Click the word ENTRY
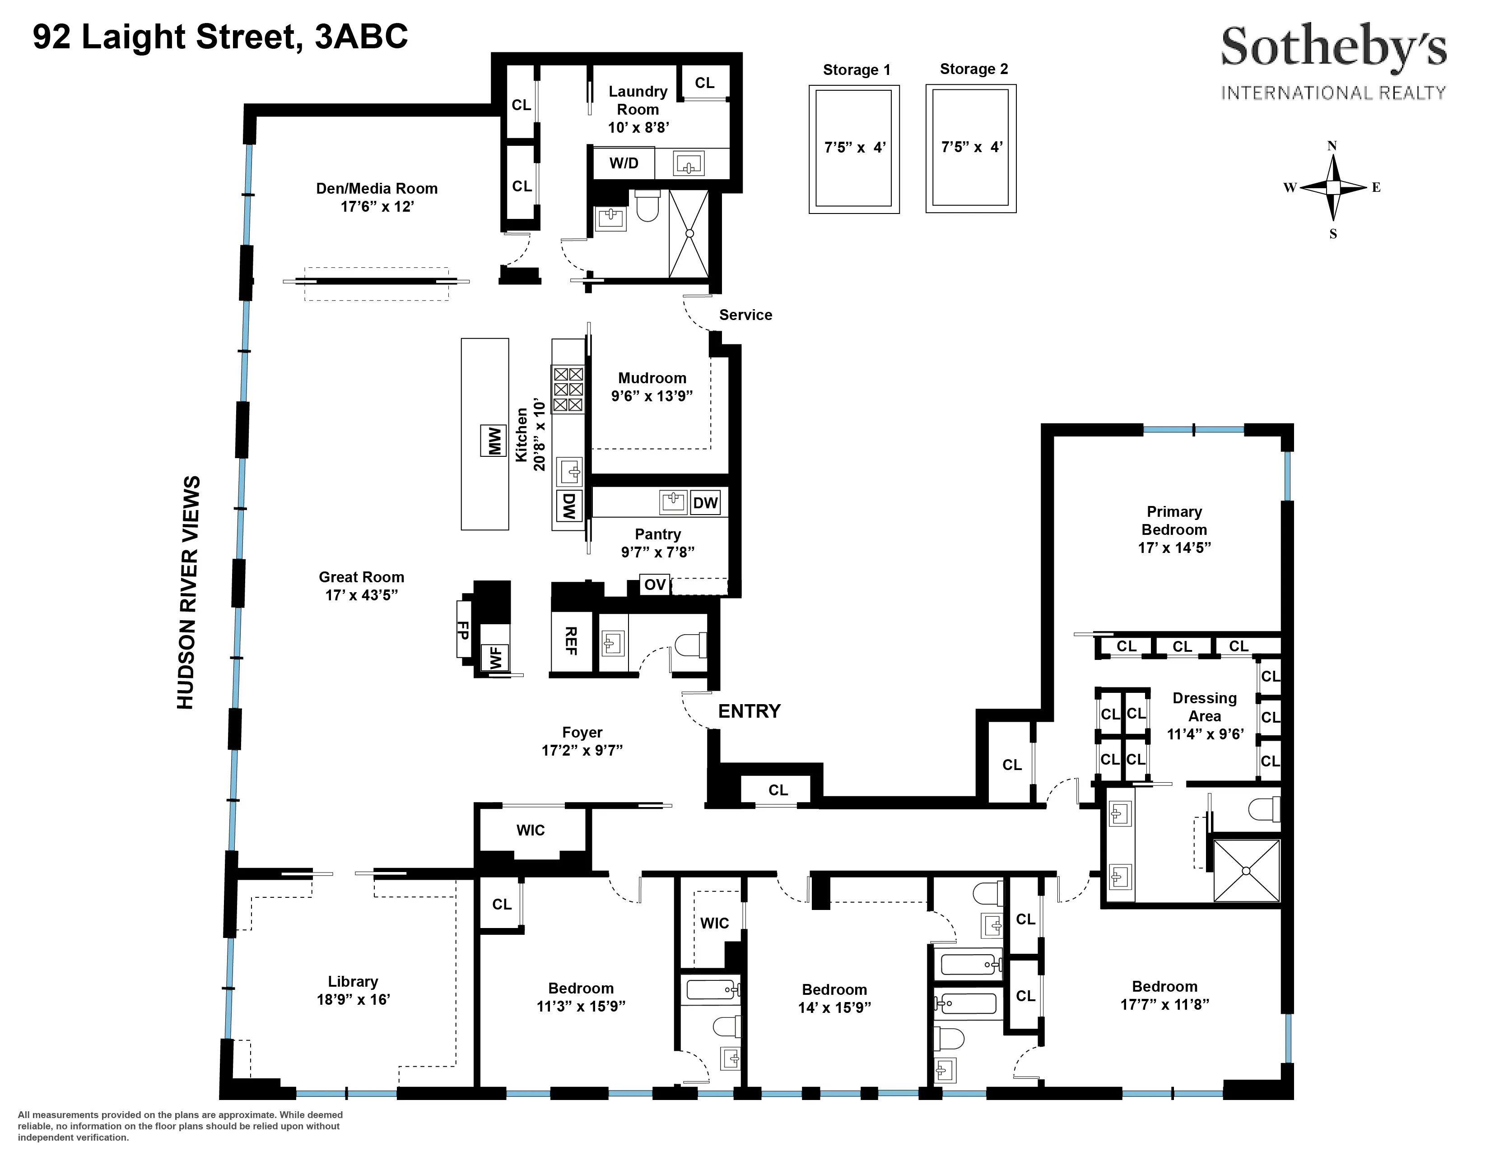[x=749, y=711]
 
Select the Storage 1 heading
[x=856, y=70]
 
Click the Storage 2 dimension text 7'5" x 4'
[x=972, y=147]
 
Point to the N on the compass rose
[x=1332, y=146]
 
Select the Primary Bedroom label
[x=1174, y=520]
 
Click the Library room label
[x=353, y=981]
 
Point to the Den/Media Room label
[x=377, y=188]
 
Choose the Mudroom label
[x=652, y=378]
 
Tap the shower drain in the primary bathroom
[x=1246, y=871]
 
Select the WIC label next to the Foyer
[x=530, y=830]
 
